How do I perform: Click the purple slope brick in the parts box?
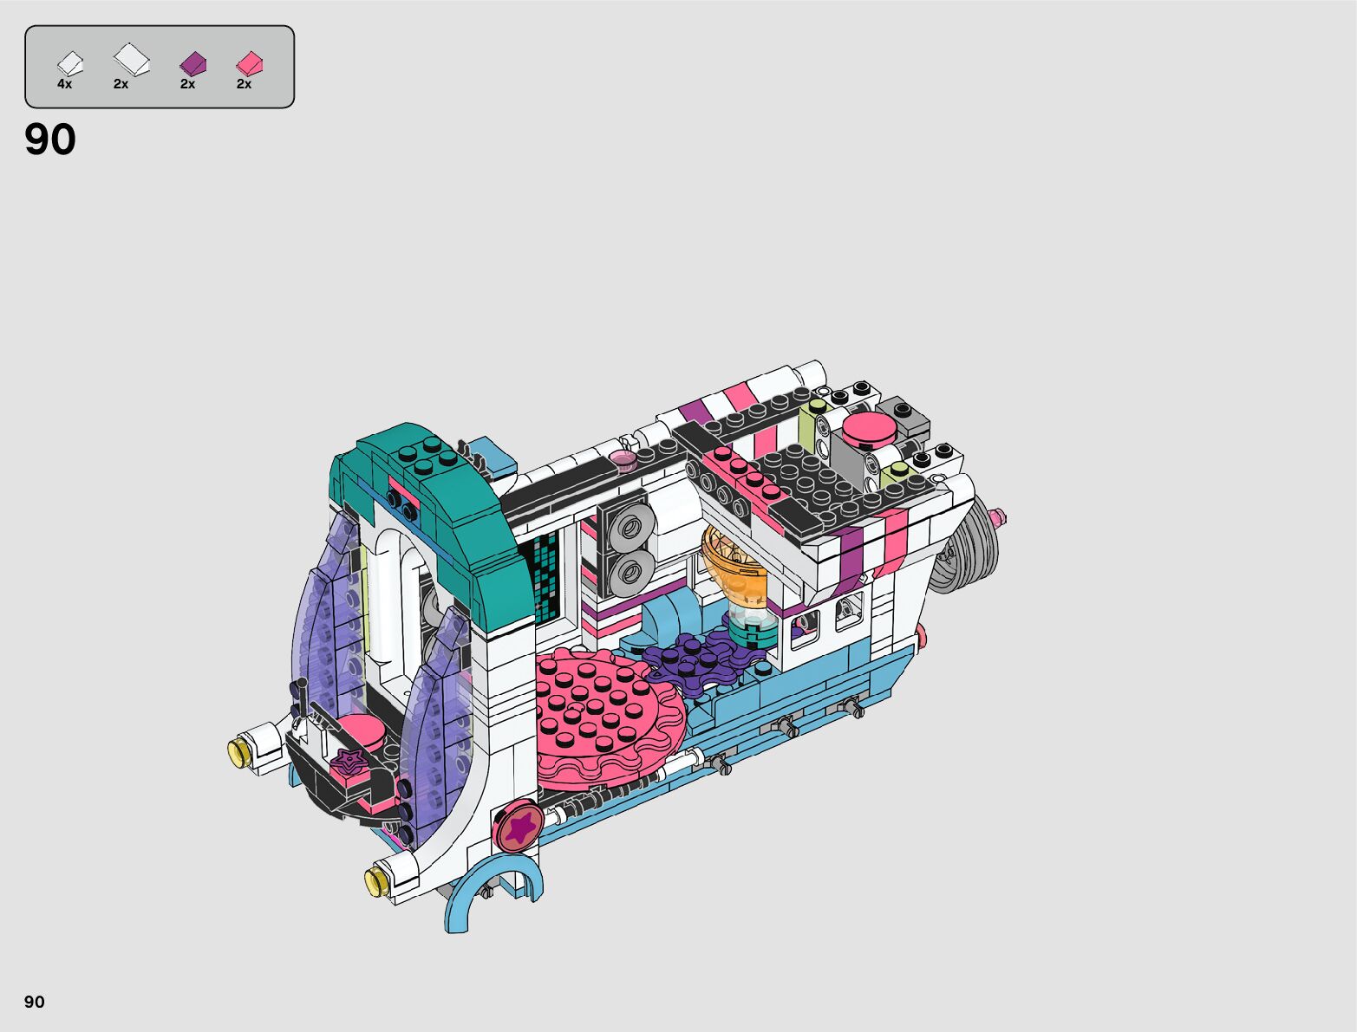[x=192, y=63]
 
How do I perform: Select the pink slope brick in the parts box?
[x=250, y=63]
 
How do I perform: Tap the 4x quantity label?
[x=64, y=84]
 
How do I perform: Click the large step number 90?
[x=50, y=139]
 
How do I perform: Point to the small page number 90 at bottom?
[x=35, y=1002]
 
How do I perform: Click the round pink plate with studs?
[x=609, y=717]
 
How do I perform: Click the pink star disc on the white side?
[x=520, y=826]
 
